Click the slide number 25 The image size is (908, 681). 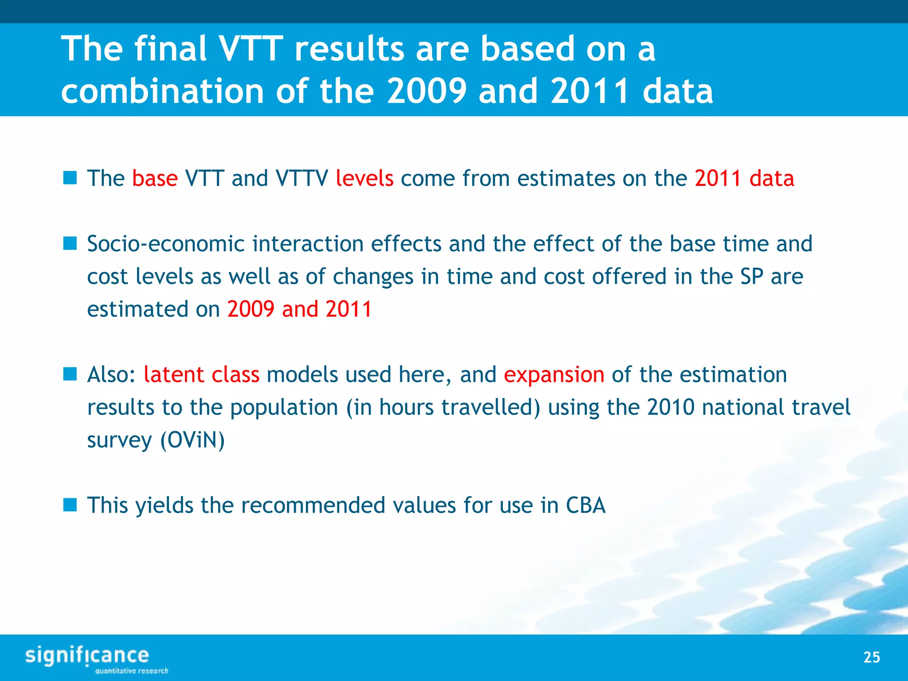click(871, 657)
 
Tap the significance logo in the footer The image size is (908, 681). click(87, 656)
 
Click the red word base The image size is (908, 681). click(155, 178)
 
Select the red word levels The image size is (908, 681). click(364, 178)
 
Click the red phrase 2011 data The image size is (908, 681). click(744, 178)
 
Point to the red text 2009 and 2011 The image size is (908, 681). click(299, 309)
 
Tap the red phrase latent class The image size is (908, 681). click(202, 375)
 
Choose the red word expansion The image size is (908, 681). click(554, 375)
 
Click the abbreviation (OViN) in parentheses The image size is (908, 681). click(192, 440)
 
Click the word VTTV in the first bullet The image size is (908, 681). click(301, 178)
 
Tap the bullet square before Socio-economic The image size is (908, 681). click(70, 243)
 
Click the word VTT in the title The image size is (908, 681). click(251, 49)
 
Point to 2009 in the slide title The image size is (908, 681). click(427, 91)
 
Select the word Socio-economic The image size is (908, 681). click(166, 244)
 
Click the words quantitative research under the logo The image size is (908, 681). click(132, 671)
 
